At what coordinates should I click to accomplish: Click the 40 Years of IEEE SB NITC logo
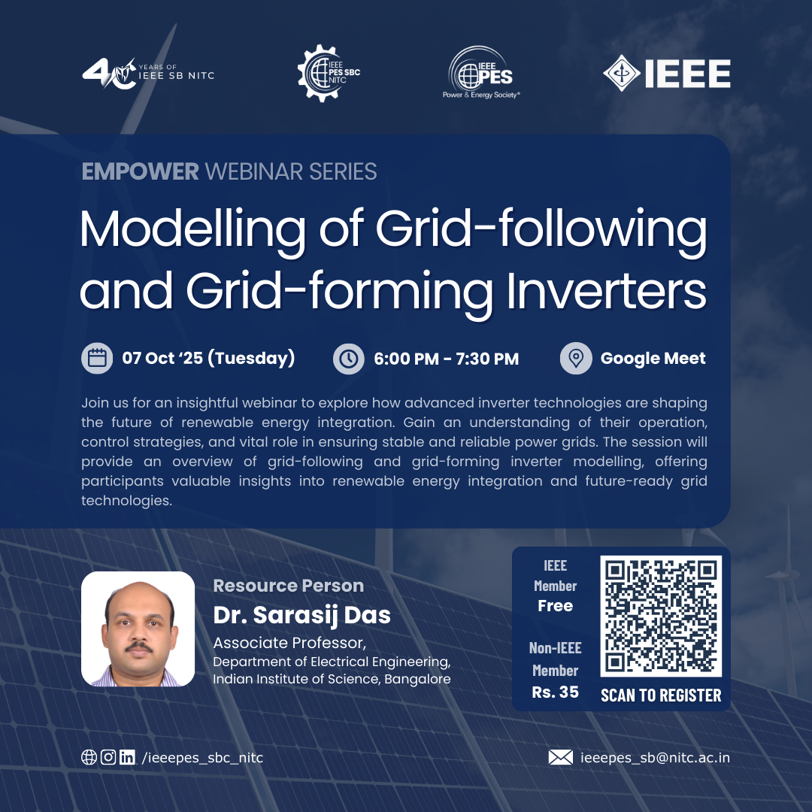click(x=147, y=73)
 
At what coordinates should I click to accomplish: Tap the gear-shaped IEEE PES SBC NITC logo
click(x=329, y=73)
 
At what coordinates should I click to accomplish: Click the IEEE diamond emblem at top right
click(x=622, y=74)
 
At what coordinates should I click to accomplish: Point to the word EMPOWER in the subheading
click(x=140, y=171)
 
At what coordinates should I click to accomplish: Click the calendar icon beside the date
click(x=97, y=359)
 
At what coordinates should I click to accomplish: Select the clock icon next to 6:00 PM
click(x=349, y=359)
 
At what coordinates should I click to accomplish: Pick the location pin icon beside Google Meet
click(x=576, y=359)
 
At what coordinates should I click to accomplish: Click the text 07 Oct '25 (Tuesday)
click(x=208, y=359)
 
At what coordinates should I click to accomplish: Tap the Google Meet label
click(x=653, y=359)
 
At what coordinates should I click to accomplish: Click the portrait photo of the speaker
click(x=138, y=629)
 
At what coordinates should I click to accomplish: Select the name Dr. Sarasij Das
click(x=302, y=614)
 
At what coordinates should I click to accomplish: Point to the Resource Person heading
click(x=289, y=586)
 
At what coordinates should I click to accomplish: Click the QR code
click(x=661, y=617)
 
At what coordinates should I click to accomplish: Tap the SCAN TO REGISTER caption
click(x=661, y=695)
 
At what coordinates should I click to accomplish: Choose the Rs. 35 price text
click(x=556, y=692)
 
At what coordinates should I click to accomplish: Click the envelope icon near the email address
click(x=560, y=757)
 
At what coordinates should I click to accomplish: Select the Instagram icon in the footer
click(x=108, y=757)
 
